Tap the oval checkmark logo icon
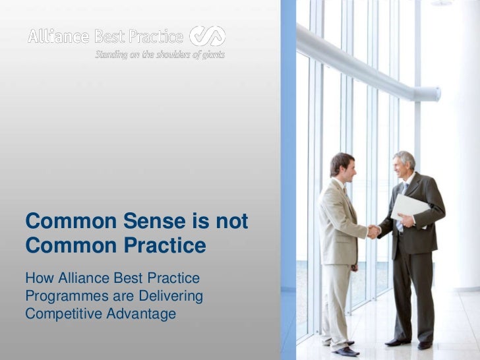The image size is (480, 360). pyautogui.click(x=208, y=36)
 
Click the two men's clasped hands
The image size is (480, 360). pyautogui.click(x=374, y=231)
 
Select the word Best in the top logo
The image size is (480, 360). pyautogui.click(x=117, y=37)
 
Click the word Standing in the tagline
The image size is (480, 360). pyautogui.click(x=111, y=55)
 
